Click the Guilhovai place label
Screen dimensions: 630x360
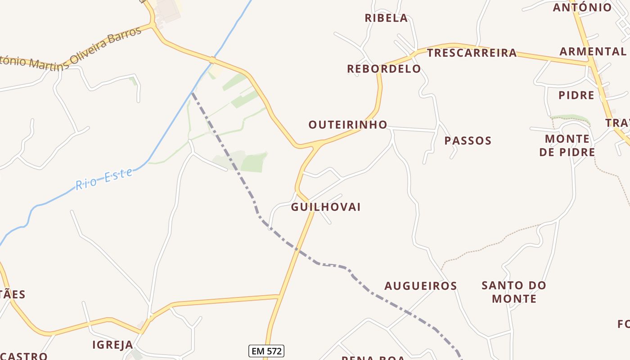pyautogui.click(x=326, y=207)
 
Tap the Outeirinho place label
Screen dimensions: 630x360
pyautogui.click(x=347, y=125)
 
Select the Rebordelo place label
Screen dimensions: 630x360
pyautogui.click(x=384, y=69)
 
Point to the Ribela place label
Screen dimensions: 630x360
pyautogui.click(x=386, y=18)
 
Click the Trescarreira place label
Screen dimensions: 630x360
pyautogui.click(x=472, y=53)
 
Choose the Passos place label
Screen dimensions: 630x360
pyautogui.click(x=468, y=141)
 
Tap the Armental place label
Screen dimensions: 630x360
pyautogui.click(x=592, y=51)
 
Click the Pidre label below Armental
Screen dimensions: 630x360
pyautogui.click(x=576, y=95)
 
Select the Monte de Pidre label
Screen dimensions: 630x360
pyautogui.click(x=567, y=145)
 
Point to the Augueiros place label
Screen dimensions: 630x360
pyautogui.click(x=420, y=286)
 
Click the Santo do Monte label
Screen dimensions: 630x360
pyautogui.click(x=514, y=292)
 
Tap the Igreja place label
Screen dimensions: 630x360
pyautogui.click(x=112, y=345)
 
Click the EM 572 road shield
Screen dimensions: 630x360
pyautogui.click(x=266, y=351)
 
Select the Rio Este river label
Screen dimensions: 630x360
pyautogui.click(x=104, y=179)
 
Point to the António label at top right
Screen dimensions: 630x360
pyautogui.click(x=582, y=7)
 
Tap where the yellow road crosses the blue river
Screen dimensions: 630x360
pyautogui.click(x=212, y=60)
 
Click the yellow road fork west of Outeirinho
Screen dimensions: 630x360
pyautogui.click(x=318, y=145)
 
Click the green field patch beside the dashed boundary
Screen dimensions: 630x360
pyautogui.click(x=254, y=162)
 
